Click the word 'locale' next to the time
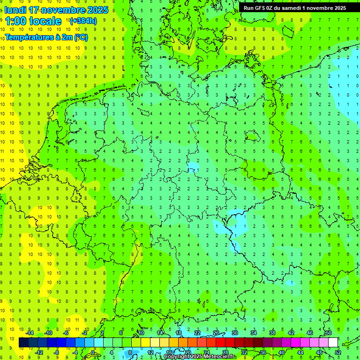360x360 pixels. tap(48, 21)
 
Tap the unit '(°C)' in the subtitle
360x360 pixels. tap(80, 37)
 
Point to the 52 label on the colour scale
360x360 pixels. tap(337, 352)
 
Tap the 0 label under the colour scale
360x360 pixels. tap(93, 352)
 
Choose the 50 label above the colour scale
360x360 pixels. tap(329, 333)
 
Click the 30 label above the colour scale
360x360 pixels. tap(234, 333)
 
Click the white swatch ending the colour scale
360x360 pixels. tap(333, 343)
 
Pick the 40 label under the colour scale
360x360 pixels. tap(281, 352)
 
